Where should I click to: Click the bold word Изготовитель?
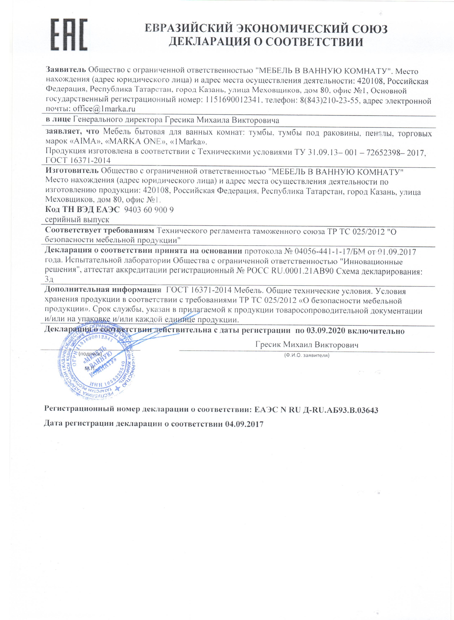click(x=72, y=171)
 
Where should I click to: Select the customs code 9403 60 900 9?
click(x=149, y=210)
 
